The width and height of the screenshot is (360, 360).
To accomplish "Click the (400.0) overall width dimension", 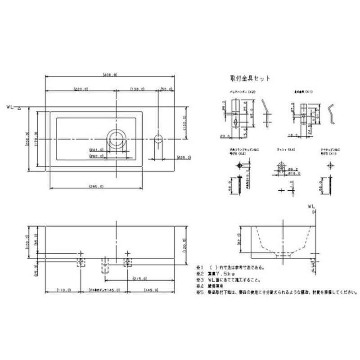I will [110, 74].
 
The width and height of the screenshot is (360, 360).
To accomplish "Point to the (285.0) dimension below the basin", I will [96, 186].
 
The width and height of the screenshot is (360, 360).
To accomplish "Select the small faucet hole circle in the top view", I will [158, 139].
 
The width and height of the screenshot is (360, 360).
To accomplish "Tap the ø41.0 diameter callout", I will [96, 150].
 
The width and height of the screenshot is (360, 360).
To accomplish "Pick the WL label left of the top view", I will [11, 107].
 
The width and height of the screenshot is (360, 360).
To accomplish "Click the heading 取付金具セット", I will [250, 78].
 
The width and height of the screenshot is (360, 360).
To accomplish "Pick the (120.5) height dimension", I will [184, 247].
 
